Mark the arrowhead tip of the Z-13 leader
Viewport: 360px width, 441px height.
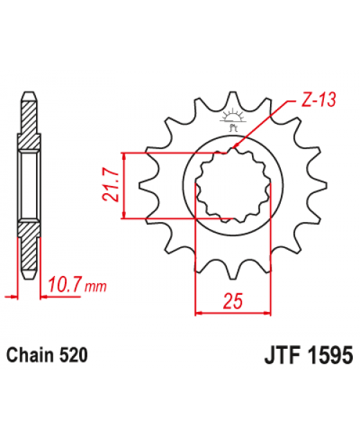point(235,149)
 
